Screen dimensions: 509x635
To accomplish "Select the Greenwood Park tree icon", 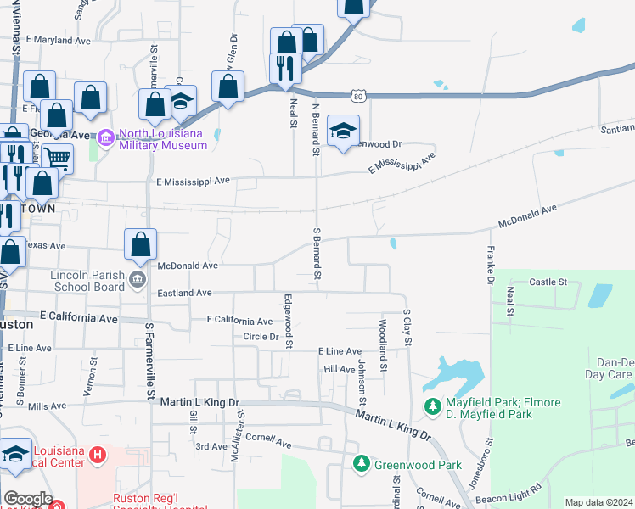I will pos(362,464).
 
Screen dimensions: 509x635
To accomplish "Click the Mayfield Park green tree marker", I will pos(433,408).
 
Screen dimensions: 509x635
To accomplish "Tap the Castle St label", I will pos(548,281).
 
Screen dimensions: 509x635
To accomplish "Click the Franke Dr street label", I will pos(490,265).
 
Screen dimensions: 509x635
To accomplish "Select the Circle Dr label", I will pos(261,337).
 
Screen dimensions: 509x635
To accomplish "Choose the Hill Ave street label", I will pos(339,370).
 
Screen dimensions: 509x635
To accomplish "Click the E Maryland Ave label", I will pos(59,40).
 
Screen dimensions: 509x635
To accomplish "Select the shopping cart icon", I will pos(57,157).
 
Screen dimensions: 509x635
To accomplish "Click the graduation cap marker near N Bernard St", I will pos(343,131).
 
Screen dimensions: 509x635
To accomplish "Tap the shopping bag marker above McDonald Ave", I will pos(141,245).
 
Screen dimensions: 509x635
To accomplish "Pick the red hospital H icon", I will pos(98,456).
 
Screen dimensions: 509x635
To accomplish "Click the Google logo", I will pos(28,499).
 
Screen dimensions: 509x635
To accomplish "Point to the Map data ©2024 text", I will pos(598,502).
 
